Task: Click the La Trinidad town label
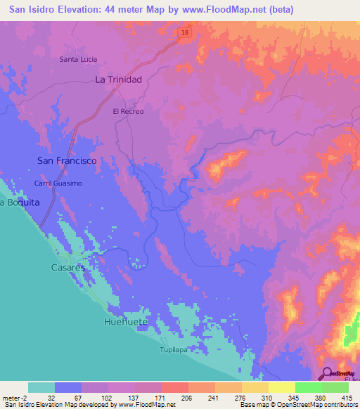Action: [x=119, y=80]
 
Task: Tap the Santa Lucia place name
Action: [x=78, y=59]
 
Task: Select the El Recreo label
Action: [x=128, y=112]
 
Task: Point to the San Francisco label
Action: [x=67, y=161]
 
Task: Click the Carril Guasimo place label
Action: [x=58, y=183]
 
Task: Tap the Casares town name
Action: [x=67, y=268]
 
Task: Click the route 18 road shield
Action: [x=184, y=33]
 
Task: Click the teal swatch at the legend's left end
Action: [x=41, y=387]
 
